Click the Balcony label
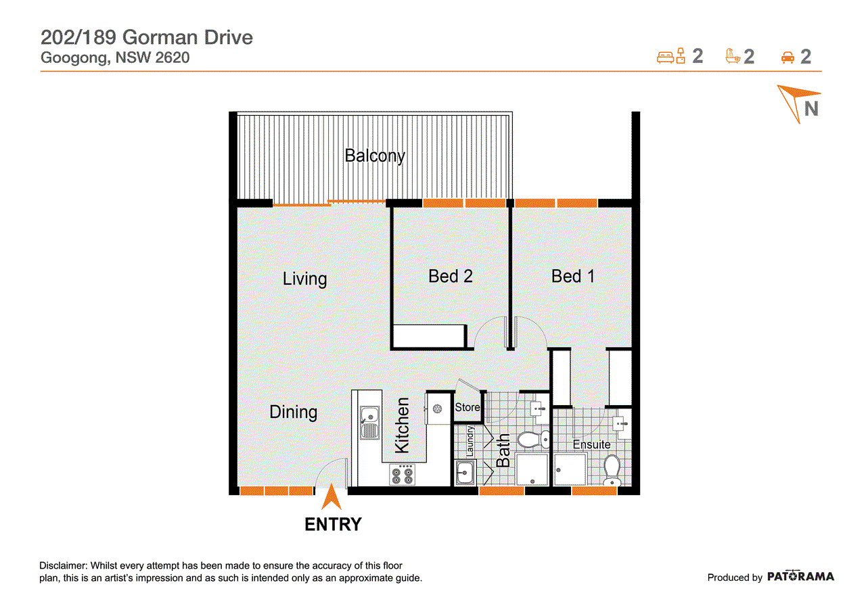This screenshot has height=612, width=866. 375,156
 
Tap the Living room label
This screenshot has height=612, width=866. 304,279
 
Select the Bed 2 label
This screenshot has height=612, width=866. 451,277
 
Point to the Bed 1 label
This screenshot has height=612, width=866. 572,277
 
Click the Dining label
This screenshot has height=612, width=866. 294,413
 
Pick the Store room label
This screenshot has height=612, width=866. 468,407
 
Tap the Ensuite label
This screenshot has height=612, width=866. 591,445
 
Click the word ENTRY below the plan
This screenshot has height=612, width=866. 333,524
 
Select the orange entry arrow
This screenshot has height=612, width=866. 332,497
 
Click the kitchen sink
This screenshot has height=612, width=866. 369,422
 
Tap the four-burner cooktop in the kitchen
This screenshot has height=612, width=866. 402,475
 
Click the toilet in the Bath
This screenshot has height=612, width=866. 533,440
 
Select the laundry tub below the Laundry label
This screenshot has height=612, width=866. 465,472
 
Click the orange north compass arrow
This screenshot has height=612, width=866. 797,102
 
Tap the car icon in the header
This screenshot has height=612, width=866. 788,57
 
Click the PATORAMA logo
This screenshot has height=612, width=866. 800,576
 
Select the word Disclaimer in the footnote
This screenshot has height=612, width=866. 64,565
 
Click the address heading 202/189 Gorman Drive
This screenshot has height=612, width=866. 147,37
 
